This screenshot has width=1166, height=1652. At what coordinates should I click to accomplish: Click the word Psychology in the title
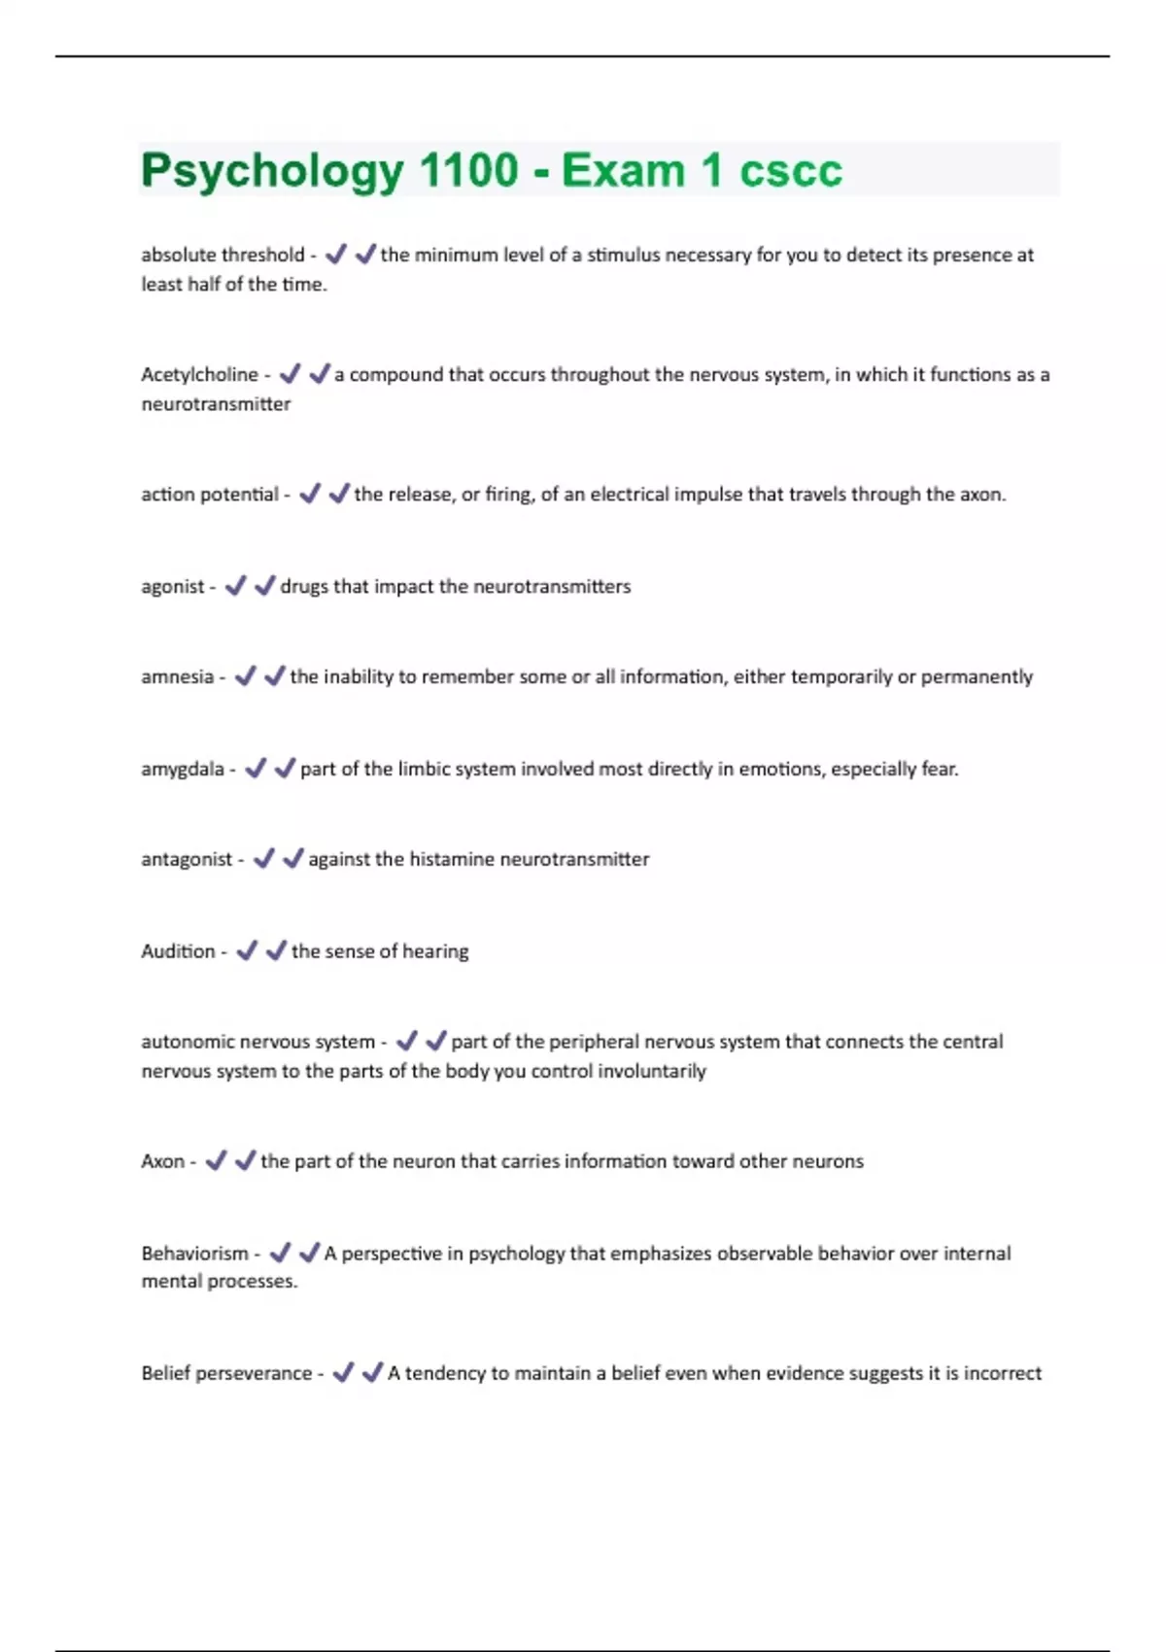pyautogui.click(x=271, y=172)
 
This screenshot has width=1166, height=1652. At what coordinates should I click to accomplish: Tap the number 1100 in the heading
pyautogui.click(x=468, y=170)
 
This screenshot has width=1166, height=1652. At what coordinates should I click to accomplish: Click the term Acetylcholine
pyautogui.click(x=199, y=375)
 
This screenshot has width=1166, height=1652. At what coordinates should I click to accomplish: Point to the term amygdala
pyautogui.click(x=183, y=770)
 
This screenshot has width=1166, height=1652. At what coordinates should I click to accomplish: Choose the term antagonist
pyautogui.click(x=187, y=860)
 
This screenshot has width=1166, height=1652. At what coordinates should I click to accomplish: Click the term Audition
pyautogui.click(x=178, y=951)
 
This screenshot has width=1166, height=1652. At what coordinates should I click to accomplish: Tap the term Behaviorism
pyautogui.click(x=194, y=1254)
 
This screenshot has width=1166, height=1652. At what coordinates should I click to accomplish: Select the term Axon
pyautogui.click(x=162, y=1161)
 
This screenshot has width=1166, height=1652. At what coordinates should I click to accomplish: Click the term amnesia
pyautogui.click(x=177, y=677)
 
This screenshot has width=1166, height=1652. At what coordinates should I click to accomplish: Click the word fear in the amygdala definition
pyautogui.click(x=938, y=770)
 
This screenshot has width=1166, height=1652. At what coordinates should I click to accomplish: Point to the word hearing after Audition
pyautogui.click(x=435, y=951)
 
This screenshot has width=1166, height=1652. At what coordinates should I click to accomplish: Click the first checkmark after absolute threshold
pyautogui.click(x=336, y=255)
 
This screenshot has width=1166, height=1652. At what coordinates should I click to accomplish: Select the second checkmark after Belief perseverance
pyautogui.click(x=372, y=1372)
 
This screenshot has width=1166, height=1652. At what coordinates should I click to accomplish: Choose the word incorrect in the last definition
pyautogui.click(x=1002, y=1373)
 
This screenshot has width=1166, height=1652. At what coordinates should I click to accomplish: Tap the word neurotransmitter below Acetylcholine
pyautogui.click(x=216, y=404)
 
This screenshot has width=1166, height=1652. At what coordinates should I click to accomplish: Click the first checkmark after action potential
pyautogui.click(x=310, y=494)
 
